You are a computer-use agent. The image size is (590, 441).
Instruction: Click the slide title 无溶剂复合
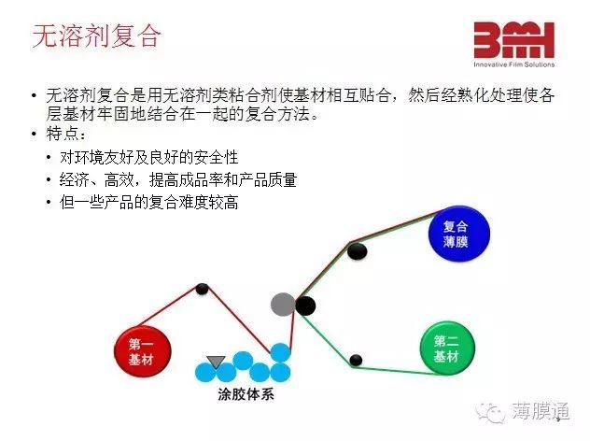97,36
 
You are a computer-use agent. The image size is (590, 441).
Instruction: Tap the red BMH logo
514,40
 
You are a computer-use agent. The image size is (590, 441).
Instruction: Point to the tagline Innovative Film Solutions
514,64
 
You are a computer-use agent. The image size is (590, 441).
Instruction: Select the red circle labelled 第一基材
143,351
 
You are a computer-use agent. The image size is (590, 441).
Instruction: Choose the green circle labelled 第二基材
447,348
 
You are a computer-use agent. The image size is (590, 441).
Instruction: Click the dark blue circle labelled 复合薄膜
459,234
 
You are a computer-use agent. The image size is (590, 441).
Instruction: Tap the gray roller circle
283,305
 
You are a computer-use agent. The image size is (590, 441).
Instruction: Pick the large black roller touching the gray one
305,306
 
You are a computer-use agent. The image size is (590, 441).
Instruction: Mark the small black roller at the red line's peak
202,289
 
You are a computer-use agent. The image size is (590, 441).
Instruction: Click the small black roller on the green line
356,360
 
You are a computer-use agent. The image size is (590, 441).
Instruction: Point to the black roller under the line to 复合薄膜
358,251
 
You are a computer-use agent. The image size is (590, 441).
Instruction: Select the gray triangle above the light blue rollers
216,362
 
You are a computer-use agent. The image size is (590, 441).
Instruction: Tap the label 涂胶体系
246,394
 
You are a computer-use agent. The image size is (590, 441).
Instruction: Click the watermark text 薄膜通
541,411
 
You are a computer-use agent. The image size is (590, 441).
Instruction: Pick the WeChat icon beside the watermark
490,412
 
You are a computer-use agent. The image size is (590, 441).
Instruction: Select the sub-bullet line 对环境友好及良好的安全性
149,157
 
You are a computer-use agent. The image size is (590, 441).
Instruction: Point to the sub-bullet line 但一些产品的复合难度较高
149,202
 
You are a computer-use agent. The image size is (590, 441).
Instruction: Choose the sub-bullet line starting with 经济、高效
178,179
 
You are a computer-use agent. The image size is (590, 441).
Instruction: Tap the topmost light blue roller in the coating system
280,352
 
